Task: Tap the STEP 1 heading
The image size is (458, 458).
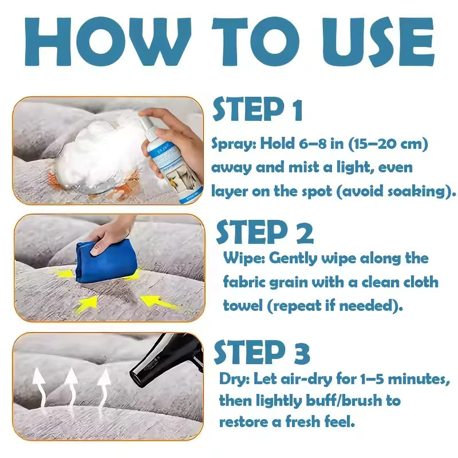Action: pos(257,109)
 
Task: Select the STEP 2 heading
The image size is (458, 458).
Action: pos(264,232)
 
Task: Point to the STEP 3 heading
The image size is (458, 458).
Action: pos(262,352)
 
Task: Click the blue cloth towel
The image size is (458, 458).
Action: pos(106,261)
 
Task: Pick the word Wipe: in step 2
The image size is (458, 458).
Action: pos(244,258)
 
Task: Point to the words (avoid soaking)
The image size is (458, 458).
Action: pos(396,191)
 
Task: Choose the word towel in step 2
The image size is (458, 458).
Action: pos(243,306)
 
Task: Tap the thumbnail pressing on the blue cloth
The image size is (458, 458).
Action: pos(96,249)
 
